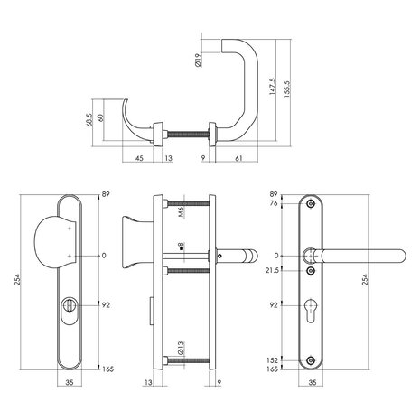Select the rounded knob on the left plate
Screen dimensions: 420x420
point(60,244)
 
